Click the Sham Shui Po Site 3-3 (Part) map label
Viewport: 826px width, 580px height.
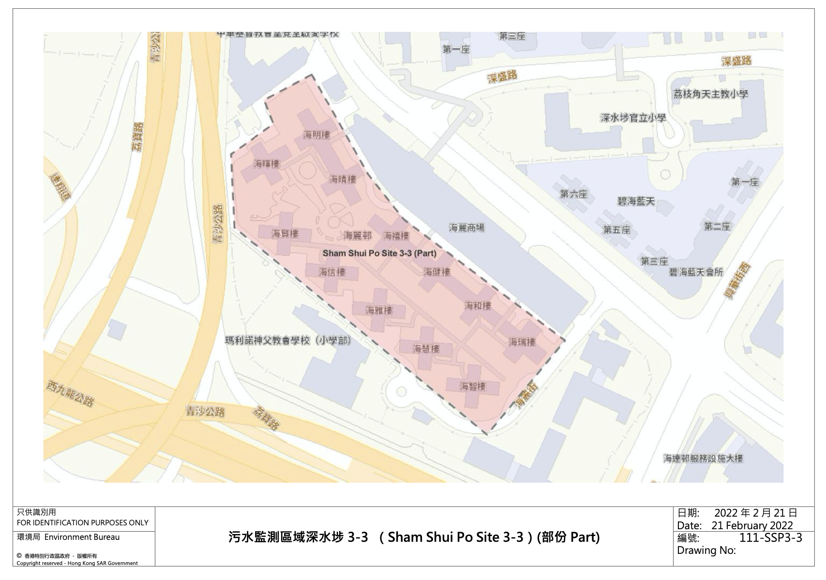(x=379, y=253)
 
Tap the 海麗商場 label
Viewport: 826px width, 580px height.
(x=466, y=227)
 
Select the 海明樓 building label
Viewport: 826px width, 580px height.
(x=316, y=134)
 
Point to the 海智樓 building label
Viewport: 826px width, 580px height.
(x=473, y=386)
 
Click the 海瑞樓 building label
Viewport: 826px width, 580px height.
(x=522, y=342)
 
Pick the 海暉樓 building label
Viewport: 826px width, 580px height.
(x=267, y=164)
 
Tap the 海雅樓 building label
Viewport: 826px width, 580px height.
(x=379, y=310)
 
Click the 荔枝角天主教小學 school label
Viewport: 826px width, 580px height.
(x=710, y=94)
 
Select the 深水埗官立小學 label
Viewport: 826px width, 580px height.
(x=632, y=118)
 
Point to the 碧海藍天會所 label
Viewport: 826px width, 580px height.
(x=696, y=272)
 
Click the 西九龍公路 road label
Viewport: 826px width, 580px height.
(x=70, y=393)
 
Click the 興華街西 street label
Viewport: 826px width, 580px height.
(x=738, y=281)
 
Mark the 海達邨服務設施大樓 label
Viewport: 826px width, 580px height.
(x=703, y=458)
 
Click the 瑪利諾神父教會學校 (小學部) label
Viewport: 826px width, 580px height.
(x=288, y=340)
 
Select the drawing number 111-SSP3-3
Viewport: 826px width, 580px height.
(x=770, y=538)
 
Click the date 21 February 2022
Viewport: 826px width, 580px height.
(x=752, y=525)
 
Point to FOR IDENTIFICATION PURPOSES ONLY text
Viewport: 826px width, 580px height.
(x=83, y=522)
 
